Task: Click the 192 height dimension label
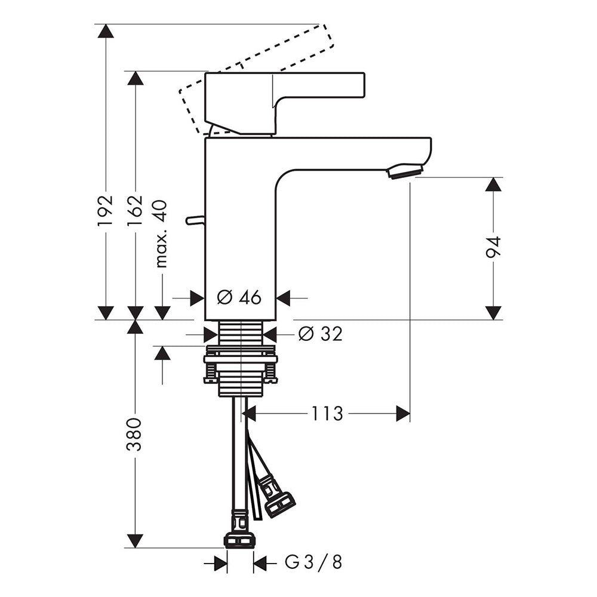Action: tap(106, 211)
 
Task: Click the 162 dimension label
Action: tap(135, 211)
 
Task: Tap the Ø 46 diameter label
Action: tap(239, 297)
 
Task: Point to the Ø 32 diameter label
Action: tap(321, 334)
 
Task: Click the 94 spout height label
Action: tap(494, 247)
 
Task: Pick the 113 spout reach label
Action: tap(327, 414)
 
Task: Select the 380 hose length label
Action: tap(134, 435)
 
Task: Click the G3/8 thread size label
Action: tap(313, 563)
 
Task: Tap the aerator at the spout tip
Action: tap(404, 171)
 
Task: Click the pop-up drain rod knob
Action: tap(195, 220)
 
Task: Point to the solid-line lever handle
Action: tap(285, 103)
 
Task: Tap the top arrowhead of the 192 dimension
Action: tap(106, 30)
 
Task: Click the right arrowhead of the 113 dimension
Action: tap(403, 414)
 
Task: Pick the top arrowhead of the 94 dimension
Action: tap(494, 184)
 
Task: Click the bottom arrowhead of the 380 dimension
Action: tap(134, 541)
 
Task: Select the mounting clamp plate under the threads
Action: tap(241, 359)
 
